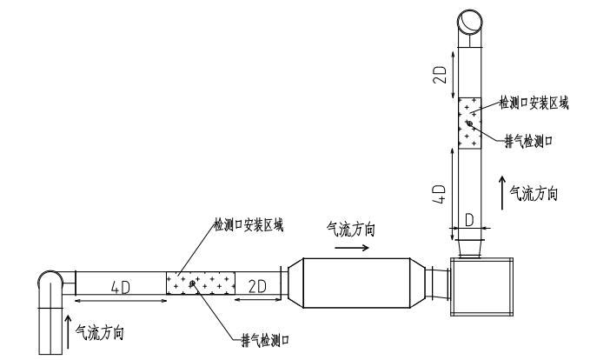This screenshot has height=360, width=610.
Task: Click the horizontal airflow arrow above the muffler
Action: pos(351,247)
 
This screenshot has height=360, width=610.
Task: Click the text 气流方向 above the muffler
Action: pos(351,230)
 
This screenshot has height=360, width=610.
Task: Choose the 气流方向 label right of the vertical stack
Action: pos(533,193)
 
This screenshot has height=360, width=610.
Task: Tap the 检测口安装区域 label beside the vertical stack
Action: pos(534,102)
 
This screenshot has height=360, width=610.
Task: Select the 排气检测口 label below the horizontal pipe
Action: pos(264,337)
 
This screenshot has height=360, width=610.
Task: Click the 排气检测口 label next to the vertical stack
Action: pos(528,139)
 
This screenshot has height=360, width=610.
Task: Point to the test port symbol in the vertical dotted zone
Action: pos(468,124)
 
